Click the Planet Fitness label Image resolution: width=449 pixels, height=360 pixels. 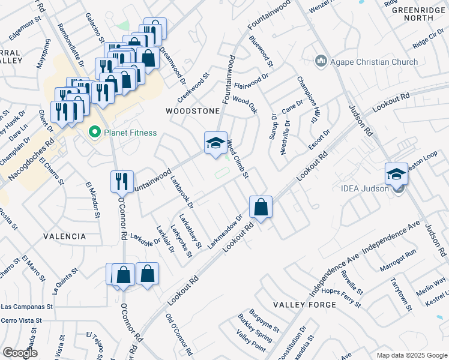pyautogui.click(x=130, y=133)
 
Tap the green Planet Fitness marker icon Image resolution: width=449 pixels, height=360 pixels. pyautogui.click(x=94, y=133)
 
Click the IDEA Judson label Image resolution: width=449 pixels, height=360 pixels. pyautogui.click(x=368, y=188)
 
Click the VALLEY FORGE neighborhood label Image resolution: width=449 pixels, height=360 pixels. pyautogui.click(x=300, y=305)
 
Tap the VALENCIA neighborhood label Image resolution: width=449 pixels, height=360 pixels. pyautogui.click(x=65, y=236)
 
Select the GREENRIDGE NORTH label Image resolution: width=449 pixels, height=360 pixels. pyautogui.click(x=412, y=14)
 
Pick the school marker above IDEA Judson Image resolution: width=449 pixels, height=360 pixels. pyautogui.click(x=396, y=173)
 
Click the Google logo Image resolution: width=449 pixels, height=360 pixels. pyautogui.click(x=20, y=353)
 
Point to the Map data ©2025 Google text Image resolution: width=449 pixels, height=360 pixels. pyautogui.click(x=411, y=355)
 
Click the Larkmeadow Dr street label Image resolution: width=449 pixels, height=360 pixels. pyautogui.click(x=224, y=233)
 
